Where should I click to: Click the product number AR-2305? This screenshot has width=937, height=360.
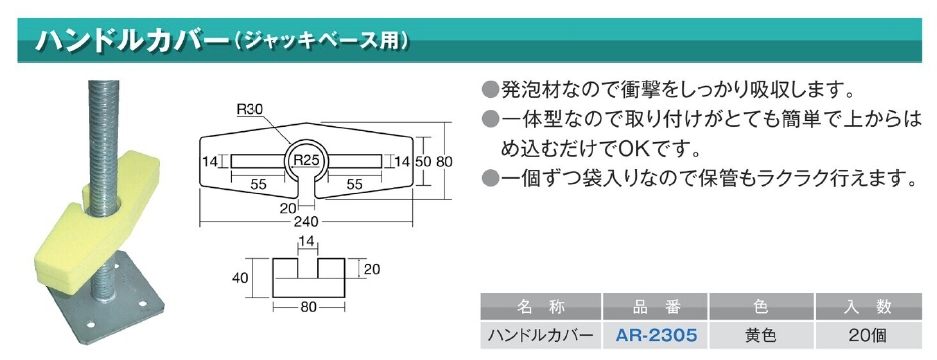click(655, 336)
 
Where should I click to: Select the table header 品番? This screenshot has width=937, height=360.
click(656, 307)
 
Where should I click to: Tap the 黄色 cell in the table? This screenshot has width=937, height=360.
click(761, 336)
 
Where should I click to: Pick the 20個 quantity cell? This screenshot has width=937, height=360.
click(868, 336)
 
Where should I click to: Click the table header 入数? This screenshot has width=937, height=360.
click(868, 307)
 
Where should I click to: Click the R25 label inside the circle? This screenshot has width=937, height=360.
click(307, 160)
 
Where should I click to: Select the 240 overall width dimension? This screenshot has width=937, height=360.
click(307, 222)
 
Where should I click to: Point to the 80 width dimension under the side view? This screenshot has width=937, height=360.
click(308, 307)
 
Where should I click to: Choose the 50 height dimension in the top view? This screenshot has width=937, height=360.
click(423, 161)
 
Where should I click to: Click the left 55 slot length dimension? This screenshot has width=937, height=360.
click(258, 185)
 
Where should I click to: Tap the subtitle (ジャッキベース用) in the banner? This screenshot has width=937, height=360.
click(321, 41)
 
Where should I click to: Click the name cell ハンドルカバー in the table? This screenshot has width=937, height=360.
click(541, 336)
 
